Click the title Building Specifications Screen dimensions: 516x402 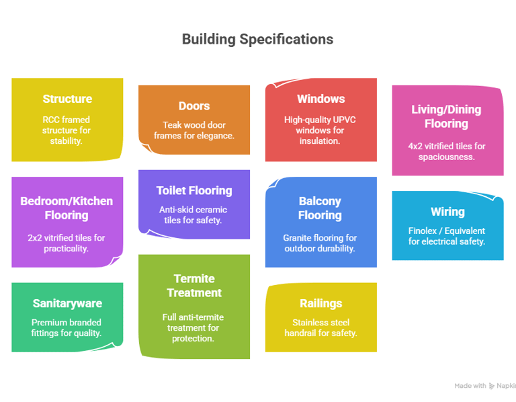pos(258,39)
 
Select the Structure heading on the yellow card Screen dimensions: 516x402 pos(67,99)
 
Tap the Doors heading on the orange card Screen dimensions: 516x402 pos(194,106)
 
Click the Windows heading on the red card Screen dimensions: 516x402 pos(321,99)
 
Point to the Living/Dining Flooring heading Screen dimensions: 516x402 pos(446,116)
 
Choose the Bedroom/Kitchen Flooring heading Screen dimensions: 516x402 pos(67,208)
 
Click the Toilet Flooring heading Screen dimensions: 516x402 pos(194,191)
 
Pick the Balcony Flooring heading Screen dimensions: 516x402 pos(320,208)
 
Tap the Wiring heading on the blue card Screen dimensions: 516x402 pos(448,212)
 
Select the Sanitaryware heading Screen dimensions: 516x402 pos(67,303)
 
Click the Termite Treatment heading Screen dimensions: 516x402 pos(194,286)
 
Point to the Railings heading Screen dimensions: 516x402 pos(321,303)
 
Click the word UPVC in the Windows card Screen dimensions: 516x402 pos(345,120)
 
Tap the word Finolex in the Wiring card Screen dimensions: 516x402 pos(423,231)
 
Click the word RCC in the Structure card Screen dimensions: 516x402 pos(50,120)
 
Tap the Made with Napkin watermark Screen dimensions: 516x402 pos(485,386)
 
